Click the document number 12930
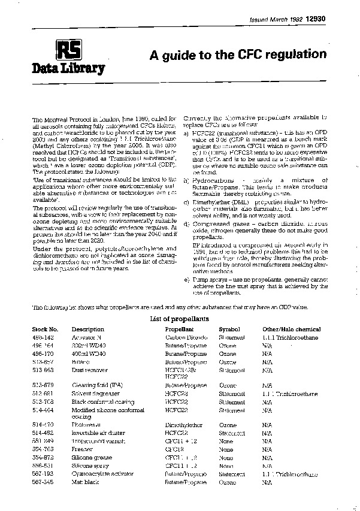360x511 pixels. [x=316, y=20]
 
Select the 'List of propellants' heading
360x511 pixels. [x=180, y=319]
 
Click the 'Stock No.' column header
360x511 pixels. [x=45, y=329]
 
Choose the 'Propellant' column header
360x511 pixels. [x=180, y=329]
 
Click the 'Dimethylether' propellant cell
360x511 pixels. [x=184, y=424]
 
